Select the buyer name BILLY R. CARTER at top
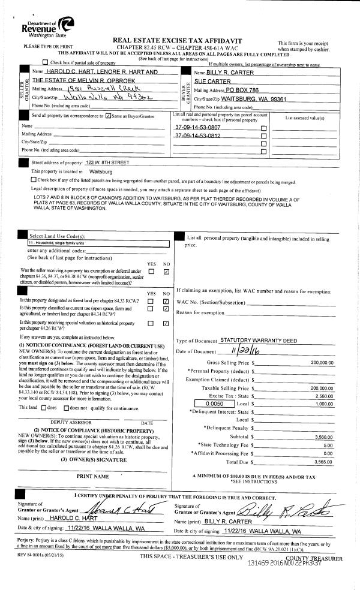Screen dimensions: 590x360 tap(226, 71)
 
